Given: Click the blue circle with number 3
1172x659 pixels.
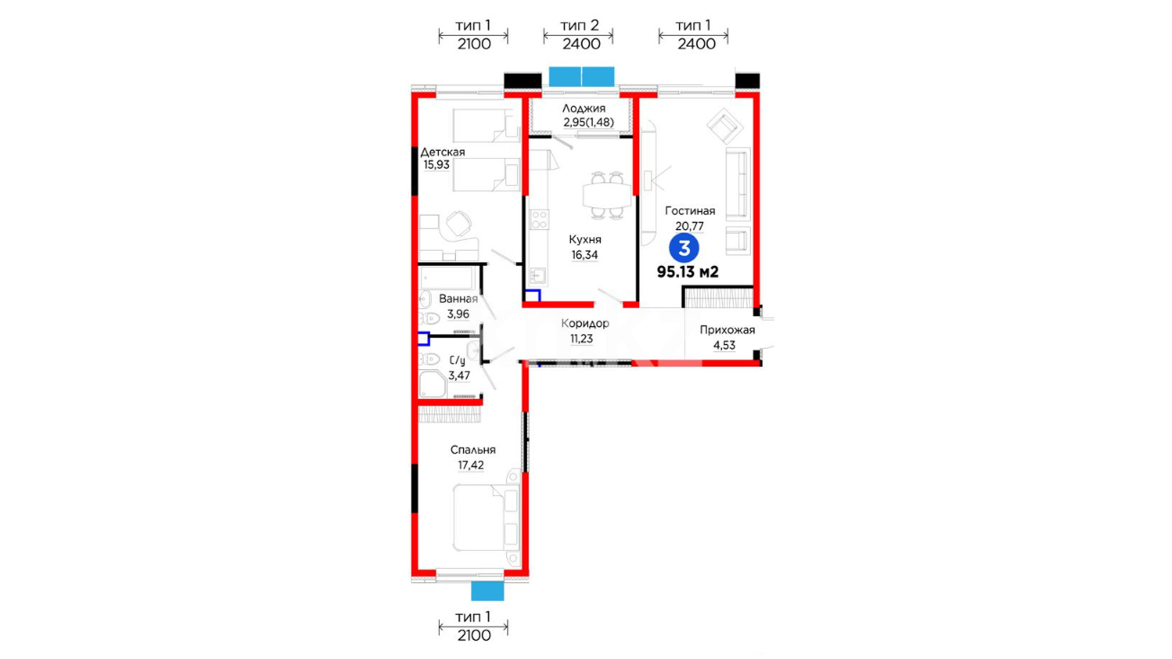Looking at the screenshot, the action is pyautogui.click(x=684, y=248).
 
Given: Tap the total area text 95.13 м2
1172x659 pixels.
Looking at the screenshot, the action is pyautogui.click(x=687, y=272).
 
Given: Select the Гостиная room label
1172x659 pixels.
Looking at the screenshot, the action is pyautogui.click(x=690, y=211).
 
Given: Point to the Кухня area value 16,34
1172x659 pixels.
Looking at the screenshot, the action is pyautogui.click(x=585, y=255).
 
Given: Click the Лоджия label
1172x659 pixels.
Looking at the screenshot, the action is pyautogui.click(x=584, y=109).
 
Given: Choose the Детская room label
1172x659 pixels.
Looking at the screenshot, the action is pyautogui.click(x=443, y=152).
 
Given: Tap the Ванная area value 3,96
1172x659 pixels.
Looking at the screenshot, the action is pyautogui.click(x=458, y=314).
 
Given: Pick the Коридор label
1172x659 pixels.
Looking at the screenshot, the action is pyautogui.click(x=585, y=323).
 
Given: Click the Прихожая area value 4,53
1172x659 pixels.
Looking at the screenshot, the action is pyautogui.click(x=725, y=345).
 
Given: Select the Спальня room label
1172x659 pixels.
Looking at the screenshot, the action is pyautogui.click(x=473, y=450).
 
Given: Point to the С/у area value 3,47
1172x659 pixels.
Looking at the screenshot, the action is pyautogui.click(x=459, y=376).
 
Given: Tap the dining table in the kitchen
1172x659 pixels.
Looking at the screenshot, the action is pyautogui.click(x=607, y=195).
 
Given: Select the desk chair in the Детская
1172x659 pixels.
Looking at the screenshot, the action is pyautogui.click(x=459, y=223).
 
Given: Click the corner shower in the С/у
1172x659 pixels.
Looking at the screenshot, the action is pyautogui.click(x=433, y=384).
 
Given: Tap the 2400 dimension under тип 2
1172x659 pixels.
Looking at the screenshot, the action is pyautogui.click(x=581, y=44).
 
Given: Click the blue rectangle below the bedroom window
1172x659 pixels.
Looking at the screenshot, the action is pyautogui.click(x=488, y=591).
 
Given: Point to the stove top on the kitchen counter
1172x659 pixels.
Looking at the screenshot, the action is pyautogui.click(x=539, y=220).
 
